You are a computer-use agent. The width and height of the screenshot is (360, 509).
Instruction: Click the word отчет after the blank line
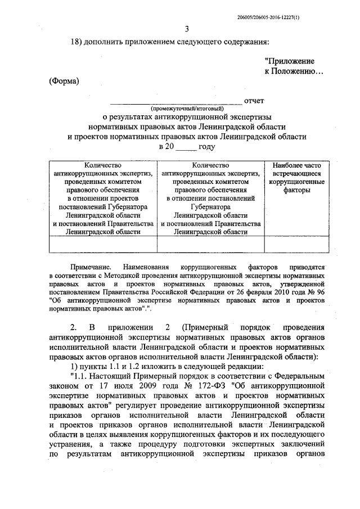(x=254, y=101)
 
